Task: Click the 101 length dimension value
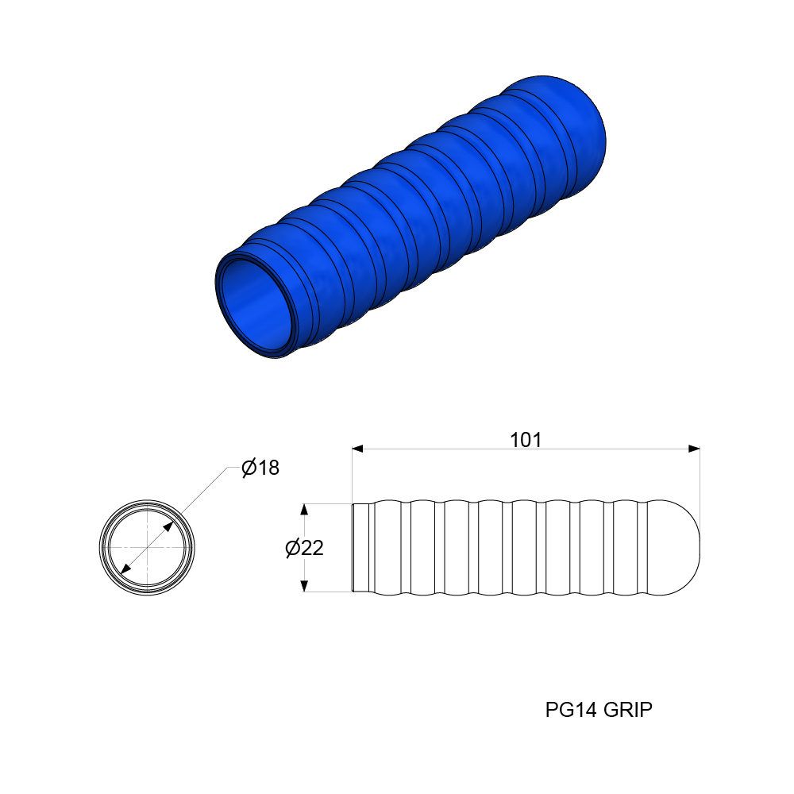point(525,440)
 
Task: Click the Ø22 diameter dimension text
point(304,548)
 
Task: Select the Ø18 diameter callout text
point(260,468)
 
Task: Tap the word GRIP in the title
point(627,710)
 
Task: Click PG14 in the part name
point(572,710)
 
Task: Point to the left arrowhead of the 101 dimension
point(358,449)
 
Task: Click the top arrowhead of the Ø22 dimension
point(303,509)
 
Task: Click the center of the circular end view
point(147,548)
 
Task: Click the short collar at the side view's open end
point(361,548)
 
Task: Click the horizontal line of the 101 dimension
point(445,449)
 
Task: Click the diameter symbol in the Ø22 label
point(292,548)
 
